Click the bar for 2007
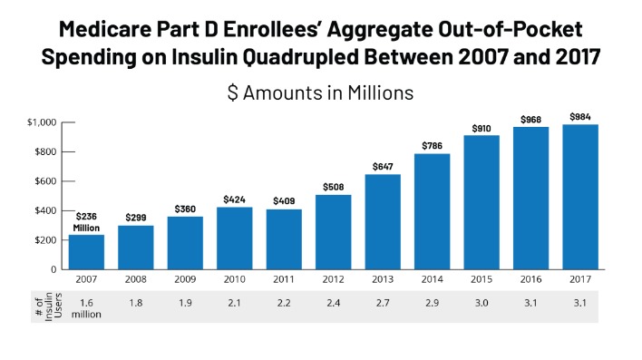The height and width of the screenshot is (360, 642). point(87,251)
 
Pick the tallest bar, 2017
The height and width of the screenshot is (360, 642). point(580,196)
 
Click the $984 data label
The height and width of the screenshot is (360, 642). point(580,117)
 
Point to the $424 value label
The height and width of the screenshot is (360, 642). point(235,199)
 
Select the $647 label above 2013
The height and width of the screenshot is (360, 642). point(383,167)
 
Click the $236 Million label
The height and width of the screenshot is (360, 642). point(86,222)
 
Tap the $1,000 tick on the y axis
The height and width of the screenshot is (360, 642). point(42,122)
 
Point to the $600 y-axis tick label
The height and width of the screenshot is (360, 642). point(45,181)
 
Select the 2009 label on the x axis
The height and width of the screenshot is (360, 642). point(185,281)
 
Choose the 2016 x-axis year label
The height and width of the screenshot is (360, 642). point(531,281)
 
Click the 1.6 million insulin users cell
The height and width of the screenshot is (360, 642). point(87,306)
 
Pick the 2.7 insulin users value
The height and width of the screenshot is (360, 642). point(383,302)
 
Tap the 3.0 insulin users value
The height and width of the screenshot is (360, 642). point(481,302)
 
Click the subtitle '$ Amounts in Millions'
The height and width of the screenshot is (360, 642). point(320,92)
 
